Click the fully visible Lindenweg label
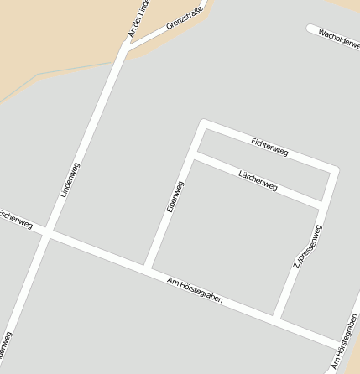click(70, 179)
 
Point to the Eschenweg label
click(16, 219)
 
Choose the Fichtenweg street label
click(269, 147)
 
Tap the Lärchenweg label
click(258, 180)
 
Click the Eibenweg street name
click(175, 195)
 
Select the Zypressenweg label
click(307, 247)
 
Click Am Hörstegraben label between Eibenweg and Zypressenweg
click(195, 289)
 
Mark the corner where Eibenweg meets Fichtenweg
click(202, 124)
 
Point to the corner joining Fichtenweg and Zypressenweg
click(334, 170)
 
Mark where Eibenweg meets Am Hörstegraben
click(148, 268)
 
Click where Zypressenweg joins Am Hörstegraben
click(278, 319)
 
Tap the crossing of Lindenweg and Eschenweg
click(49, 232)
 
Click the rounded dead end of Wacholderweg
click(312, 30)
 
